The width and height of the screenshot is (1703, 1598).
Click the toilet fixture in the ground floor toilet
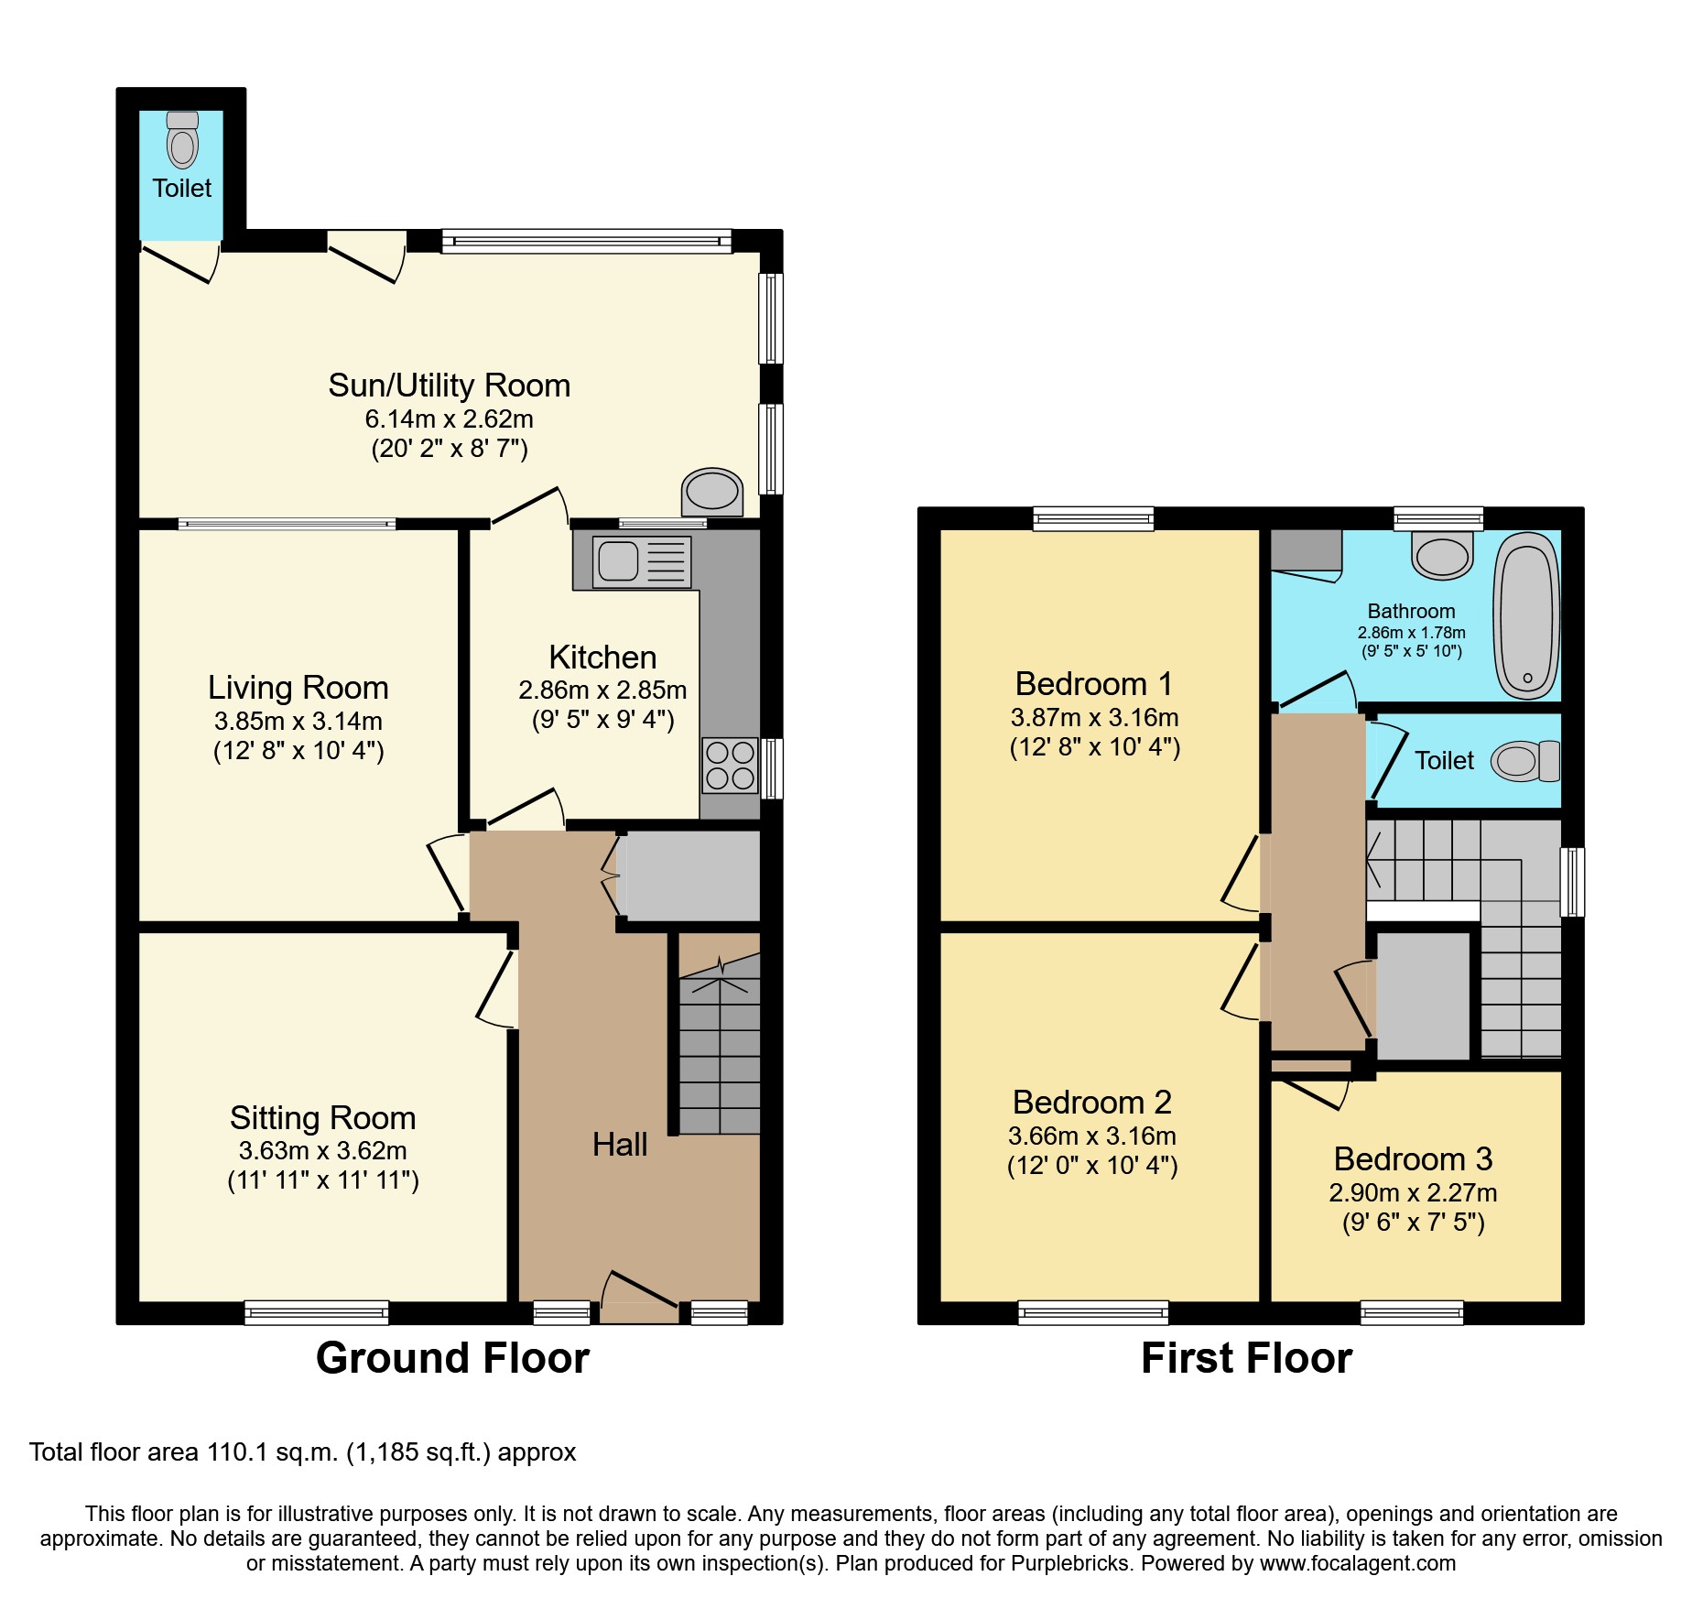point(183,141)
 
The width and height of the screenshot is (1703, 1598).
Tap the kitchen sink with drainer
point(641,560)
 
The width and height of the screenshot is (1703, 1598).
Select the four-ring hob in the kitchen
point(730,766)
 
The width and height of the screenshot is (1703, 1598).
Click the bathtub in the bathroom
point(1526,615)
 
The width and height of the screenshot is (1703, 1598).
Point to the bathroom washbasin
point(1443,556)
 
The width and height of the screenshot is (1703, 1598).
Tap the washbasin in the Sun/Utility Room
point(712,492)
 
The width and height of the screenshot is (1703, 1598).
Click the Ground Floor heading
point(452,1358)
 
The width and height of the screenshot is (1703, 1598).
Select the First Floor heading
point(1246,1358)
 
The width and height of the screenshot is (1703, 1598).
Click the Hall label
point(620,1145)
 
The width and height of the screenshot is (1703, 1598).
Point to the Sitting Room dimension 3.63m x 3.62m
point(322,1150)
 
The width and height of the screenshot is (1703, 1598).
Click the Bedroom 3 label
point(1413,1159)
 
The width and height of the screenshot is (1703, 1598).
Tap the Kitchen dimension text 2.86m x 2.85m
point(602,690)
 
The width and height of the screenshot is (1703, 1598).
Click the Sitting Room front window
point(317,1312)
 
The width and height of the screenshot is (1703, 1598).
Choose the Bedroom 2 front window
point(1093,1312)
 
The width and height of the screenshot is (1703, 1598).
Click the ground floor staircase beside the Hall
point(720,1053)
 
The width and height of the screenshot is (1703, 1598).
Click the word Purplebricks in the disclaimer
point(1068,1563)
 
